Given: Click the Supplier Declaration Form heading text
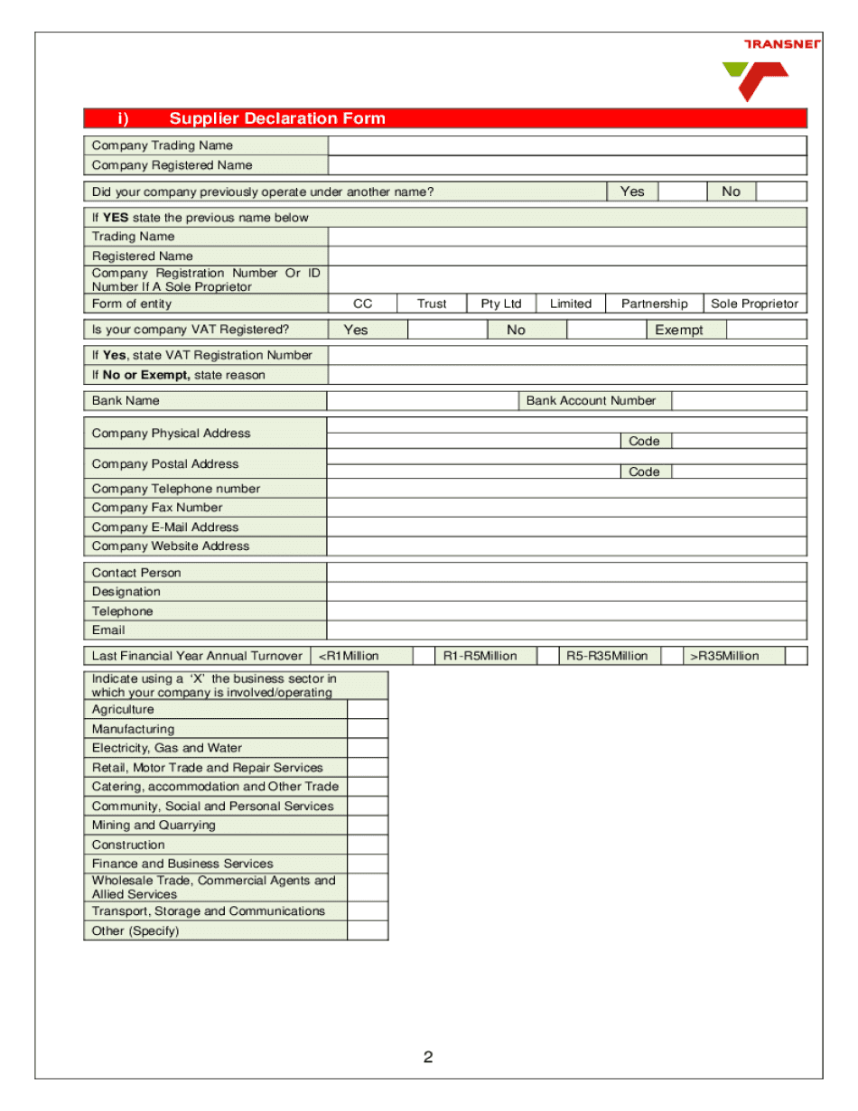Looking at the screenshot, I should [276, 118].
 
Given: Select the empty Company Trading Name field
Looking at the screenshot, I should [566, 145].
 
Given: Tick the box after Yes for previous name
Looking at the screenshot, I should [681, 191].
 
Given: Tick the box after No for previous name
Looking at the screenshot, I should [780, 191].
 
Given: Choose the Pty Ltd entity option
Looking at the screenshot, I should [501, 303].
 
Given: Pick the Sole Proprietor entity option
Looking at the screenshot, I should [754, 303].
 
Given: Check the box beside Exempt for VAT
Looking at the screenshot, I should [766, 330].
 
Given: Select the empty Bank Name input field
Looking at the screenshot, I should [422, 401].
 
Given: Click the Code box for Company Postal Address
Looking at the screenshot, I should [739, 471].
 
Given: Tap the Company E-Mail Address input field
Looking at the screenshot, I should [566, 527].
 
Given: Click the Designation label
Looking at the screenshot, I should [126, 592].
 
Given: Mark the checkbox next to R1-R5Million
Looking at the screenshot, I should [547, 656].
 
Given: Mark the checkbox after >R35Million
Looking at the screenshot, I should [796, 656].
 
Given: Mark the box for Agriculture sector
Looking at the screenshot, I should [368, 710].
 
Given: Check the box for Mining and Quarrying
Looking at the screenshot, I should [368, 826].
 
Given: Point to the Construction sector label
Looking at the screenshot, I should [128, 845].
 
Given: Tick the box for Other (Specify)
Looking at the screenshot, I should [368, 930].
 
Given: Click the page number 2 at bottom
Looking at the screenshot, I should [428, 1058].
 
